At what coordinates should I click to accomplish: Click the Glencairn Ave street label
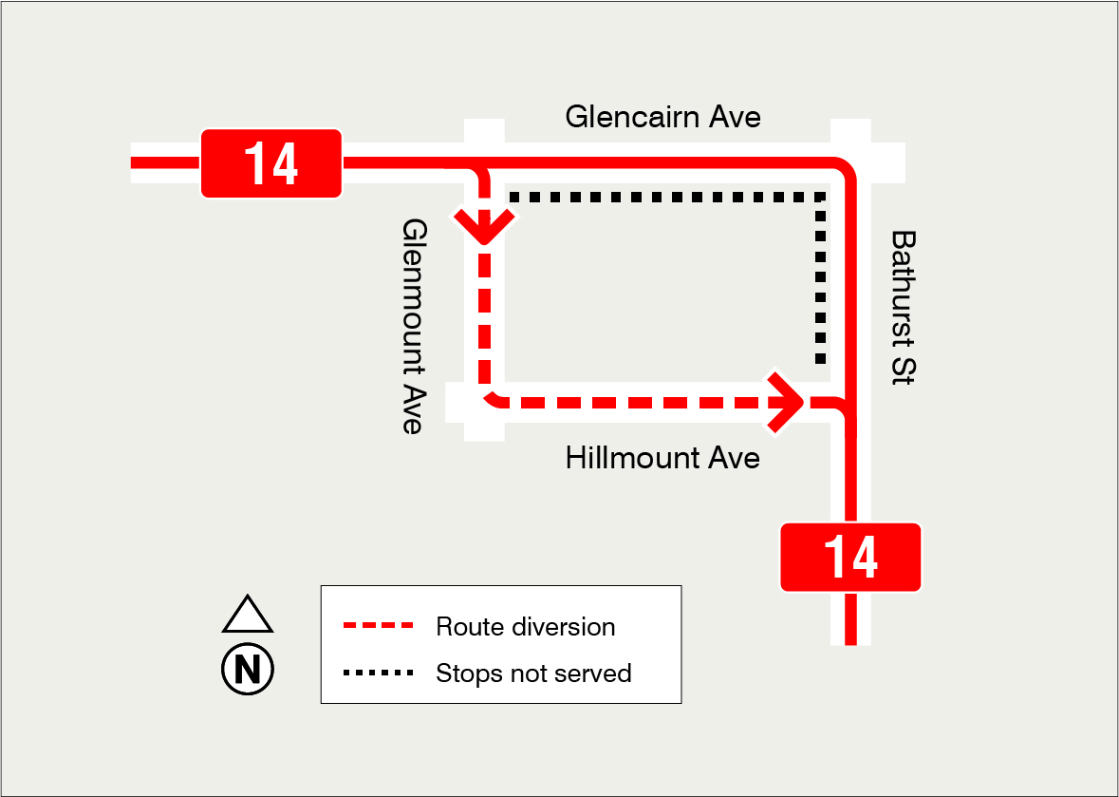pyautogui.click(x=662, y=117)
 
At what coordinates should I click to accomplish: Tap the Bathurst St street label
pyautogui.click(x=903, y=306)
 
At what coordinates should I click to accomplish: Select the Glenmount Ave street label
pyautogui.click(x=412, y=326)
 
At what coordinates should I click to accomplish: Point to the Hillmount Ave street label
pyautogui.click(x=662, y=459)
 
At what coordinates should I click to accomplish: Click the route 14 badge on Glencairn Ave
pyautogui.click(x=271, y=163)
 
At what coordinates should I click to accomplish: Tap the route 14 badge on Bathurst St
pyautogui.click(x=850, y=558)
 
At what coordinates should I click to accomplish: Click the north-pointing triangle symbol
pyautogui.click(x=248, y=616)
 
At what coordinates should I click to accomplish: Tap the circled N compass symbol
pyautogui.click(x=248, y=670)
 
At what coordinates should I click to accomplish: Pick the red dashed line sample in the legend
pyautogui.click(x=379, y=627)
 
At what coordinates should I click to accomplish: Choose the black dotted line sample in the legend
pyautogui.click(x=379, y=674)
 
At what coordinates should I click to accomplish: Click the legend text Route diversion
pyautogui.click(x=525, y=627)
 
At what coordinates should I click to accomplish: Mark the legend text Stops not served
pyautogui.click(x=533, y=674)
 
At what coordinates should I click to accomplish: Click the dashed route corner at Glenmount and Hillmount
pyautogui.click(x=490, y=397)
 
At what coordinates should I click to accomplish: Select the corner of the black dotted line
pyautogui.click(x=821, y=198)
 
